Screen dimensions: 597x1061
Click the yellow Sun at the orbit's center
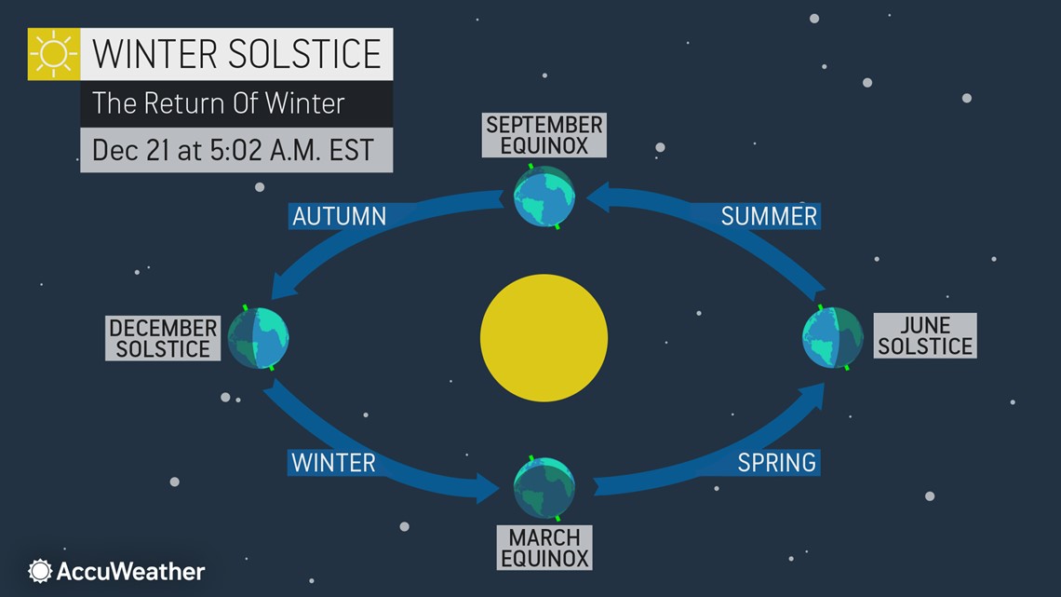pyautogui.click(x=544, y=338)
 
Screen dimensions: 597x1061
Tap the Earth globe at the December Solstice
pyautogui.click(x=258, y=338)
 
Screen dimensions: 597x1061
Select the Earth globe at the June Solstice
pyautogui.click(x=833, y=338)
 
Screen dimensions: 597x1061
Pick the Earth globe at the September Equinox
pyautogui.click(x=544, y=197)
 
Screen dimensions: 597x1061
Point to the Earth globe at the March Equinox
pyautogui.click(x=544, y=487)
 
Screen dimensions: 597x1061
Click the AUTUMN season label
pyautogui.click(x=339, y=216)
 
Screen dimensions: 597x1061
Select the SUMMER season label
pyautogui.click(x=769, y=216)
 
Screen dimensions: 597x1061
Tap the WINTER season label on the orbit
pyautogui.click(x=333, y=462)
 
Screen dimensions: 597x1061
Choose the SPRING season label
pyautogui.click(x=776, y=462)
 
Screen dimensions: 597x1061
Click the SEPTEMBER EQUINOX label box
pyautogui.click(x=544, y=135)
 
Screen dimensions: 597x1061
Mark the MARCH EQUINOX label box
pyautogui.click(x=544, y=548)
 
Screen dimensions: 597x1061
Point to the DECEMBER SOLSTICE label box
pyautogui.click(x=163, y=338)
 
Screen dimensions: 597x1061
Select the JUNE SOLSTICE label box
pyautogui.click(x=925, y=335)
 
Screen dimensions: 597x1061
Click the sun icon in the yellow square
pyautogui.click(x=54, y=54)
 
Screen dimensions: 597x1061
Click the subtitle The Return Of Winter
pyautogui.click(x=219, y=102)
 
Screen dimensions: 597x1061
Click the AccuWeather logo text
pyautogui.click(x=130, y=571)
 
